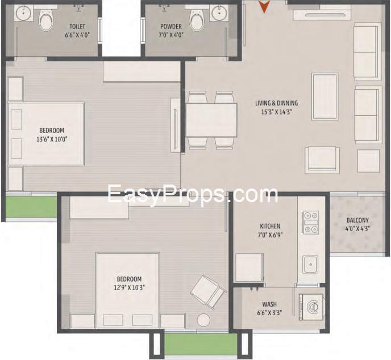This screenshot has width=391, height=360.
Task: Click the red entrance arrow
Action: pos(264,7)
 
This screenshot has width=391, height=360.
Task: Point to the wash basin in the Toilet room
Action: pos(23,13)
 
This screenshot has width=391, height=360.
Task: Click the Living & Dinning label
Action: pos(277,103)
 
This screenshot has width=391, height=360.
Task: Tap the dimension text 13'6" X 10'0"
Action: pos(52,139)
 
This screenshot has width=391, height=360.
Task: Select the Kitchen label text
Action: pos(270,226)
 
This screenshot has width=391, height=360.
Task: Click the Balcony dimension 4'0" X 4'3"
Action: pos(357,229)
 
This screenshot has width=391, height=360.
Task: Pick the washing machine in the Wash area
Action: pos(311,307)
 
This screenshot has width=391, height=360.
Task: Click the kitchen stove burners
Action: pos(311,223)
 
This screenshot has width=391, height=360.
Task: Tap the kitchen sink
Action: pos(310,265)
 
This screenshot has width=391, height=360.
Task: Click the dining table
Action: pos(211,120)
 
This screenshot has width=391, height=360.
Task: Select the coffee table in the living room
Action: pos(325,97)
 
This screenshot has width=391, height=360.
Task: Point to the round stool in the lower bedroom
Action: pos(203,320)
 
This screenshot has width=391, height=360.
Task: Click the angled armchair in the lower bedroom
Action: pos(209,292)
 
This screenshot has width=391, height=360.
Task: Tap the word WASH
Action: pos(269,304)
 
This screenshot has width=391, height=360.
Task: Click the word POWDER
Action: pos(171,27)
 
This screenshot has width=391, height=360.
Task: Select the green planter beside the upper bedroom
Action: pos(31,207)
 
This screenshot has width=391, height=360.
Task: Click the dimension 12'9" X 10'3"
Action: pos(129,288)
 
